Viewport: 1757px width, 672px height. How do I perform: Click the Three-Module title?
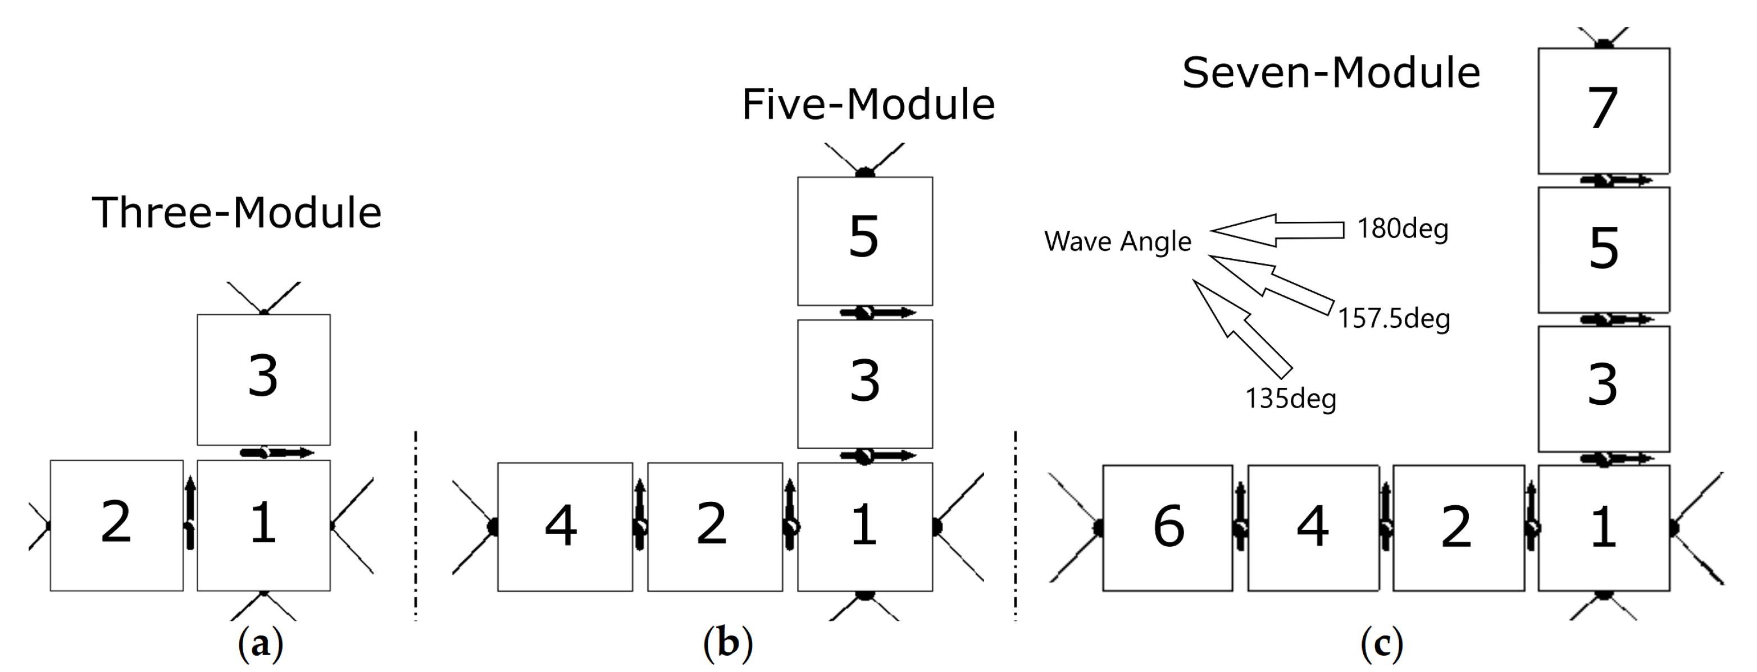(x=236, y=213)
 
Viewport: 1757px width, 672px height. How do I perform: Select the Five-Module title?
(x=868, y=105)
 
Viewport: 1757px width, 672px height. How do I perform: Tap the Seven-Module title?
(x=1331, y=73)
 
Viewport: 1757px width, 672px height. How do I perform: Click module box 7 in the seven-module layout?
(x=1603, y=111)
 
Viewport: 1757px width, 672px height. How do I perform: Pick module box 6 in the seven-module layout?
(x=1167, y=528)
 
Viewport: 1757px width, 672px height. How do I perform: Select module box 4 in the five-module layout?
(x=564, y=526)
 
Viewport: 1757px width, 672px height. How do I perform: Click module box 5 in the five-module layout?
(x=864, y=241)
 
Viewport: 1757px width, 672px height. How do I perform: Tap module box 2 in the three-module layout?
(x=116, y=525)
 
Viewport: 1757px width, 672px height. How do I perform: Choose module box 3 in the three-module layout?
(x=263, y=379)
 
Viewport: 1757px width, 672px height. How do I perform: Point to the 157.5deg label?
(x=1394, y=319)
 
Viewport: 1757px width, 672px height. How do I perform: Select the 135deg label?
(x=1290, y=399)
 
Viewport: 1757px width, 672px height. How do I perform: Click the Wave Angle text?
(x=1117, y=241)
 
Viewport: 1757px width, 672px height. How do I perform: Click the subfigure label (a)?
(x=260, y=643)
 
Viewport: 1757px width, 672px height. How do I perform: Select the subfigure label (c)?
(x=1381, y=643)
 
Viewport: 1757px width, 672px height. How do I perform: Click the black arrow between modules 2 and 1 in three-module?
(x=190, y=513)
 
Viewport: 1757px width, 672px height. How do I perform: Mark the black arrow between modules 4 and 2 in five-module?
(x=639, y=515)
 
